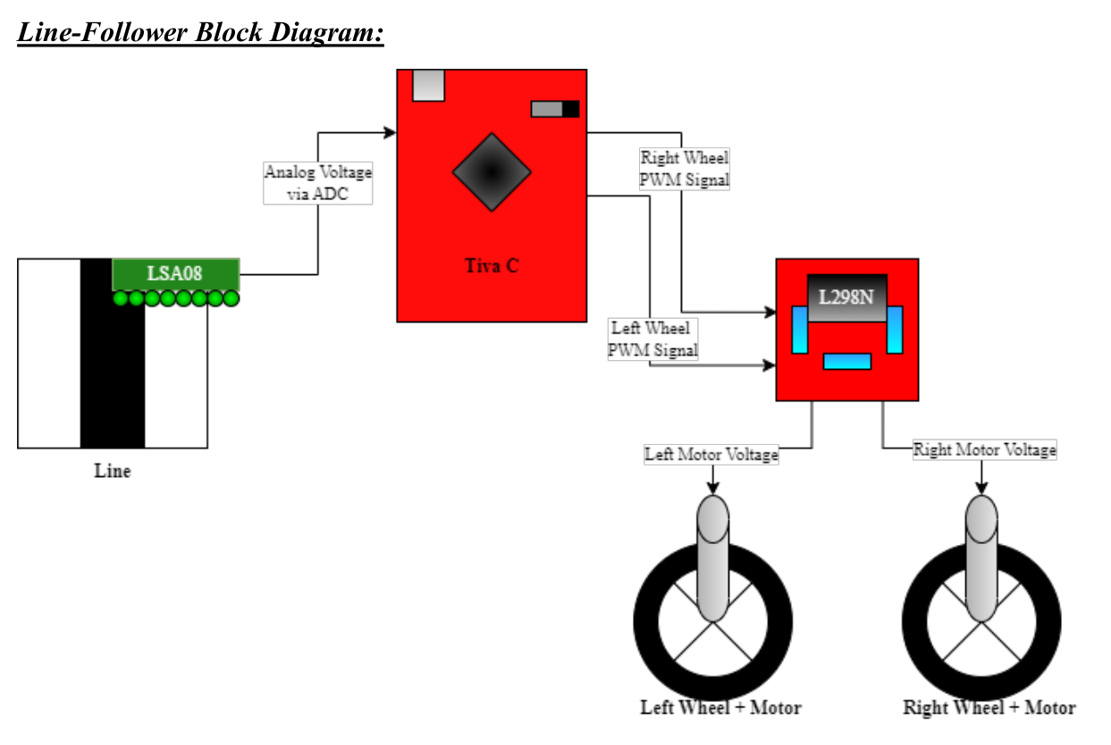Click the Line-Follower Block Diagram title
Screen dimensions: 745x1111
[x=200, y=33]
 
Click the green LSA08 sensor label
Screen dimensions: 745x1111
[x=175, y=273]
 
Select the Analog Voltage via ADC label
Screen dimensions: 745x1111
[x=317, y=183]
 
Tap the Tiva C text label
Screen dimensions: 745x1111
[x=492, y=265]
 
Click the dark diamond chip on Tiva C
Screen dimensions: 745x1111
[x=492, y=172]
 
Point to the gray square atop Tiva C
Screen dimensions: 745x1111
[x=428, y=85]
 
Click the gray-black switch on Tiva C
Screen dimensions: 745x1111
[x=555, y=109]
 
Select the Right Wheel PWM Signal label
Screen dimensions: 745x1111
[x=685, y=169]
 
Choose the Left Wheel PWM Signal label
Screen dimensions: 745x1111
[x=652, y=339]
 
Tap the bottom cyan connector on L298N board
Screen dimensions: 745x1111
[x=846, y=361]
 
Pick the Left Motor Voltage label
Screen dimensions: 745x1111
[x=711, y=455]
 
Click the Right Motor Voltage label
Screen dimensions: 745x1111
[x=984, y=450]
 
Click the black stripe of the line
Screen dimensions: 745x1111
[x=112, y=375]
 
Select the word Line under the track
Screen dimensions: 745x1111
[x=113, y=471]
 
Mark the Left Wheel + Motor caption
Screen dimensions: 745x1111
[x=720, y=707]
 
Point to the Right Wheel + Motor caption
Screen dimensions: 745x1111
[x=989, y=707]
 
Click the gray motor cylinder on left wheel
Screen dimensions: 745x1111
[x=712, y=558]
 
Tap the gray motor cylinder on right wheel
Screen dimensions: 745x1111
[x=981, y=558]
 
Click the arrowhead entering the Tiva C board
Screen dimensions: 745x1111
[x=391, y=133]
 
